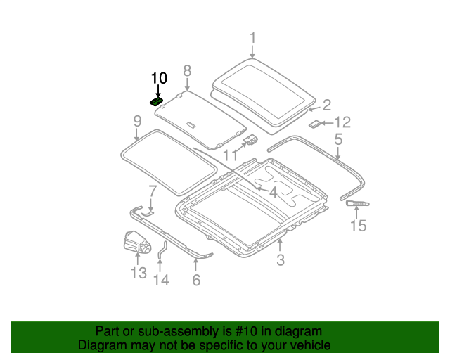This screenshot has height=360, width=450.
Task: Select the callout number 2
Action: [326, 105]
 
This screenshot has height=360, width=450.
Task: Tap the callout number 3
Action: [280, 262]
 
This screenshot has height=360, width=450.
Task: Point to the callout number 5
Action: [338, 140]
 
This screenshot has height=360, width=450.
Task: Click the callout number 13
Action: [138, 273]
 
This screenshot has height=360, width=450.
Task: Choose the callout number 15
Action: [359, 226]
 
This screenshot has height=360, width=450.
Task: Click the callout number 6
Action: [196, 281]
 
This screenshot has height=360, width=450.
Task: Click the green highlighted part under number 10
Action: [157, 101]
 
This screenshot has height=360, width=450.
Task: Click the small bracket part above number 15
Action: [357, 203]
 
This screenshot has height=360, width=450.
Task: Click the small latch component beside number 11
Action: [250, 141]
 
